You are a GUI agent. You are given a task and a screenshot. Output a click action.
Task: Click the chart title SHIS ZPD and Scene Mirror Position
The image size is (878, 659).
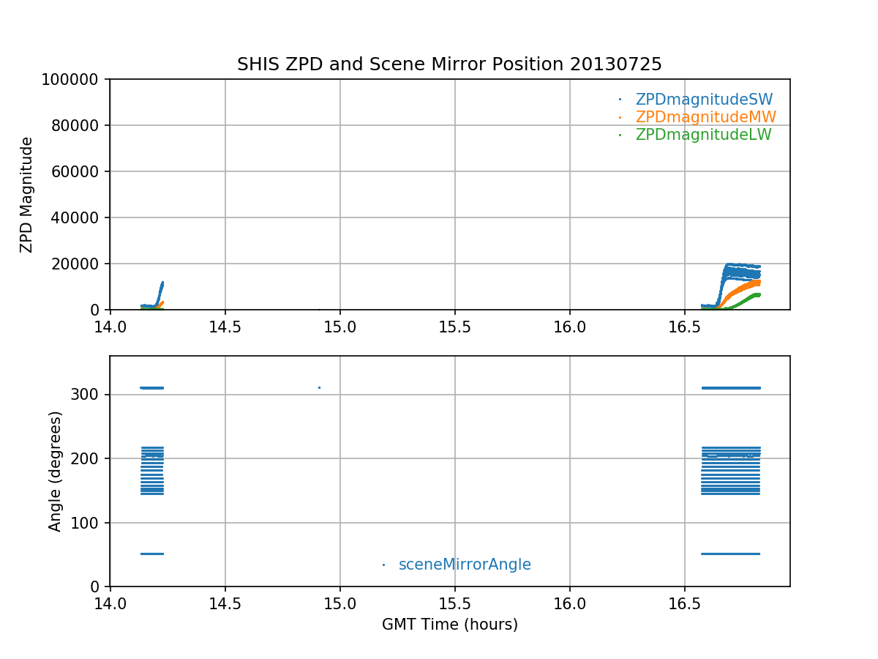point(449,64)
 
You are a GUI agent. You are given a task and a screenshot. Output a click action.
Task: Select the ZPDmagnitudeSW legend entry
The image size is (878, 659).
point(704,100)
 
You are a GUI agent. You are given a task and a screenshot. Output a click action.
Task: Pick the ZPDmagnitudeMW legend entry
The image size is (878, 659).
point(705,117)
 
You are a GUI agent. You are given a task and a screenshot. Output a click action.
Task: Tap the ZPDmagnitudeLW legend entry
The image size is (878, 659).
point(703,135)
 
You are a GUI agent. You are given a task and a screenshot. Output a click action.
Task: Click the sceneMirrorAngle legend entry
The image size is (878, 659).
point(465,565)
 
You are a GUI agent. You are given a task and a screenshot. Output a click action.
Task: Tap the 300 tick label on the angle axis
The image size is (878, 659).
point(89,395)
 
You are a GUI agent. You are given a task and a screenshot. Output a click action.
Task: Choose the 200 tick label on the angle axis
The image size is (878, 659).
point(89,458)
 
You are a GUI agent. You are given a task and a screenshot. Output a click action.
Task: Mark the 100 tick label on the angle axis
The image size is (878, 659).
point(89,523)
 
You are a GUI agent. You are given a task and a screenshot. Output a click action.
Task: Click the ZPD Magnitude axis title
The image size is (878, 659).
point(27,195)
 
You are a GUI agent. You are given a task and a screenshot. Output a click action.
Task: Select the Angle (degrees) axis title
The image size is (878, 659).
point(56,471)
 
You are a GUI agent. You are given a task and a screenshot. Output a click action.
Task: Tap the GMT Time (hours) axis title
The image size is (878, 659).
point(450,625)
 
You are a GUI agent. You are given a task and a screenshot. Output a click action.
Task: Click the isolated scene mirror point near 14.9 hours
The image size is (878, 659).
point(319,387)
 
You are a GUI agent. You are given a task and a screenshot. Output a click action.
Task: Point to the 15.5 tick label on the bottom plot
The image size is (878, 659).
point(455,602)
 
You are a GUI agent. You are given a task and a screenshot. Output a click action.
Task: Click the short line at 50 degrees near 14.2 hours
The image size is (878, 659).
point(152,554)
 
